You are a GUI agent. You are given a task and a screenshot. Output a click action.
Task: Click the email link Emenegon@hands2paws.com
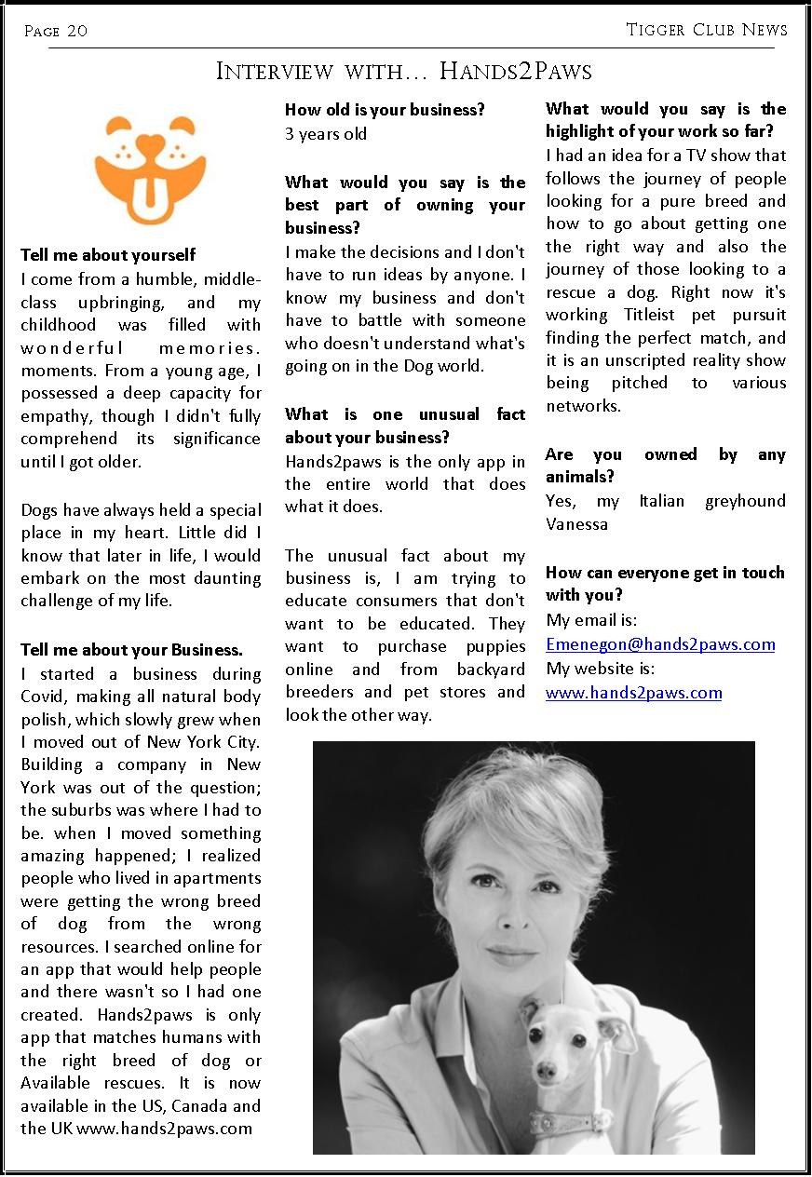pyautogui.click(x=660, y=644)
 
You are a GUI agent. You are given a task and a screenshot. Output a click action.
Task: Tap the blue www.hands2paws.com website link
pyautogui.click(x=633, y=693)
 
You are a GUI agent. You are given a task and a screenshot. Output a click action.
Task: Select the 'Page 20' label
pyautogui.click(x=56, y=31)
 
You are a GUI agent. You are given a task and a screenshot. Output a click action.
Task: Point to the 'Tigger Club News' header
pyautogui.click(x=707, y=30)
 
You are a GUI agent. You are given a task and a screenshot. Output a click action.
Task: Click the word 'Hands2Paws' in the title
pyautogui.click(x=515, y=72)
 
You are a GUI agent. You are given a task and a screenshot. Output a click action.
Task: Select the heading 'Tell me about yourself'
pyautogui.click(x=108, y=255)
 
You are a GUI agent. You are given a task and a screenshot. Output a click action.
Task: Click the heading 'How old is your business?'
pyautogui.click(x=385, y=110)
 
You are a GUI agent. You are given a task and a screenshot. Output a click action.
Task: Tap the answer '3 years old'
pyautogui.click(x=326, y=134)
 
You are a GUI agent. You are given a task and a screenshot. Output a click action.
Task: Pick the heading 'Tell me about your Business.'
pyautogui.click(x=131, y=650)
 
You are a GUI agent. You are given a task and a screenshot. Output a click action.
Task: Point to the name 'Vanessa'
pyautogui.click(x=576, y=524)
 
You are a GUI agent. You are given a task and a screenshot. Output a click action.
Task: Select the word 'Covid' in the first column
pyautogui.click(x=44, y=697)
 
